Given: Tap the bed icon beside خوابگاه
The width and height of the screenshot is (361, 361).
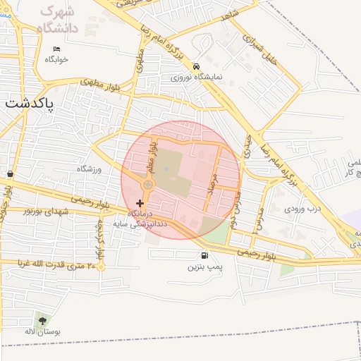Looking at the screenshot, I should [x=56, y=49].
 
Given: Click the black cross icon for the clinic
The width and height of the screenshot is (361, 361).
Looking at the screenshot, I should [x=140, y=203].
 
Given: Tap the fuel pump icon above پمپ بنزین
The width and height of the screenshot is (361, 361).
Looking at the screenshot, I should [x=204, y=256].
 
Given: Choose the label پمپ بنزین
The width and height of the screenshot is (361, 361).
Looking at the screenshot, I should [x=204, y=267].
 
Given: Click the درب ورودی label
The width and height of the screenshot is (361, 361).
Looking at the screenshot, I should [x=302, y=209].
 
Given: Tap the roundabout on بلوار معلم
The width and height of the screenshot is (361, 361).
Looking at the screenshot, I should [x=148, y=185].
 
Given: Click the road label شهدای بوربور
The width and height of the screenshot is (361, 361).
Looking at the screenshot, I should [x=47, y=211].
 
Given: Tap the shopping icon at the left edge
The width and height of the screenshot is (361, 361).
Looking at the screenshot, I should [x=9, y=173].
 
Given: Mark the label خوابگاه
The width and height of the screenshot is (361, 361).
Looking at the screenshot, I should [x=56, y=59].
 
